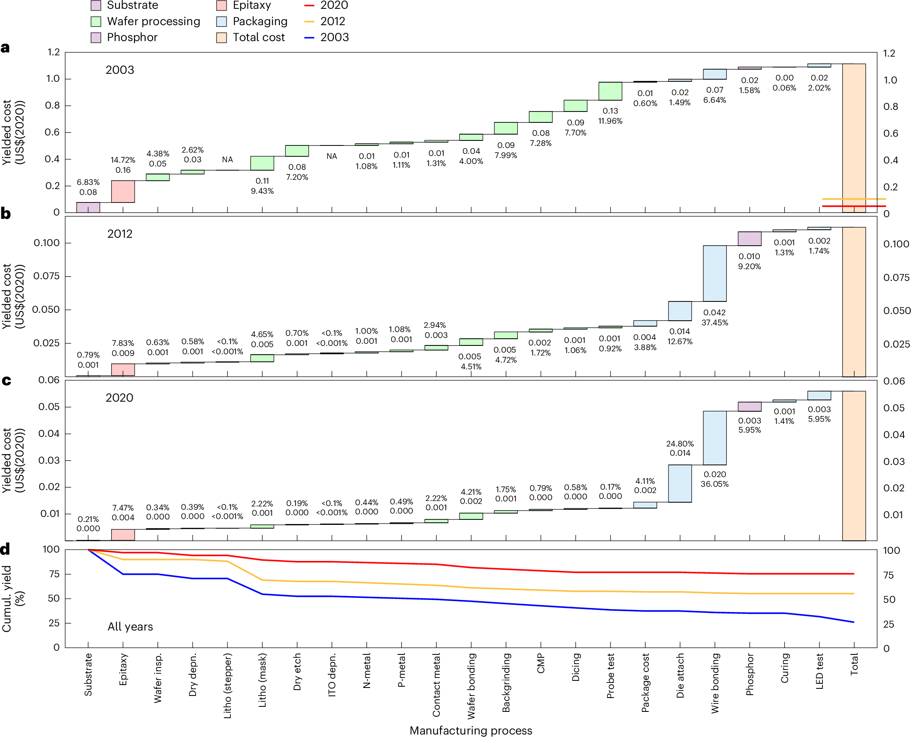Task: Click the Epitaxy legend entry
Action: pyautogui.click(x=251, y=5)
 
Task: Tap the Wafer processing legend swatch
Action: pyautogui.click(x=96, y=22)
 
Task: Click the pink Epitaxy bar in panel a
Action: pyautogui.click(x=123, y=192)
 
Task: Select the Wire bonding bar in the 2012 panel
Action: pyautogui.click(x=714, y=273)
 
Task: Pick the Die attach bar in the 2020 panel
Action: pyautogui.click(x=679, y=483)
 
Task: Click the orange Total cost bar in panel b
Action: pyautogui.click(x=854, y=301)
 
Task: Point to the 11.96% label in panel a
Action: pyautogui.click(x=610, y=121)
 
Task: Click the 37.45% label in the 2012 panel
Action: pyautogui.click(x=714, y=323)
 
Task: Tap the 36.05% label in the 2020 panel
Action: pyautogui.click(x=714, y=484)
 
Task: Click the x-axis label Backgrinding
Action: pyautogui.click(x=506, y=683)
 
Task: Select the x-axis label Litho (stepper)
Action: pyautogui.click(x=227, y=685)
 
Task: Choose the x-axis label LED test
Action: pyautogui.click(x=819, y=672)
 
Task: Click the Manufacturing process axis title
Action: pyautogui.click(x=470, y=731)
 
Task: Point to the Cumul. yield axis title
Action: pyautogui.click(x=13, y=599)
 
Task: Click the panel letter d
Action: pyautogui.click(x=5, y=550)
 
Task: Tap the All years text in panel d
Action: pyautogui.click(x=130, y=627)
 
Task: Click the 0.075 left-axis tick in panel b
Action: pyautogui.click(x=46, y=276)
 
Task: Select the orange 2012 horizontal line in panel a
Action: pyautogui.click(x=854, y=199)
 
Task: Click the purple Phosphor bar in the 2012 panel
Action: pyautogui.click(x=749, y=239)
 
